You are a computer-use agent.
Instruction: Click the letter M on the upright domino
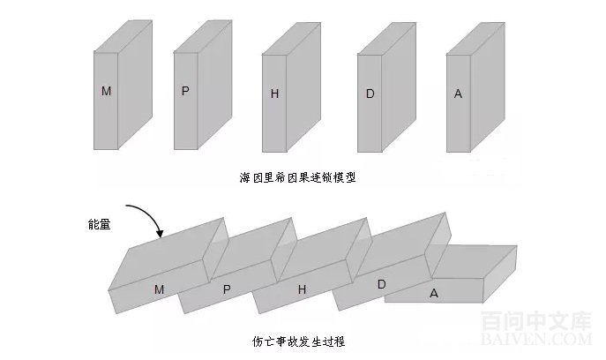point(107,91)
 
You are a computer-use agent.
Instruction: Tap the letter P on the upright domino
point(185,91)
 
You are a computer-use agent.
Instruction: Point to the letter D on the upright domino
point(371,93)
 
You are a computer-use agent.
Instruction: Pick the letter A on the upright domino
point(458,93)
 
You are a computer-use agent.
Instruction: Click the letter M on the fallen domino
point(160,289)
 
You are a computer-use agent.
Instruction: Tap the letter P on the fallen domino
point(227,289)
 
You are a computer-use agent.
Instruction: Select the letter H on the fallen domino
point(302,289)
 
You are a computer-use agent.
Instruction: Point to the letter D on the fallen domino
point(381,284)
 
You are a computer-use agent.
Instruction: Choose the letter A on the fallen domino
point(434,292)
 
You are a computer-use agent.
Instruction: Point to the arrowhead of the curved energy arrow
point(161,234)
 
